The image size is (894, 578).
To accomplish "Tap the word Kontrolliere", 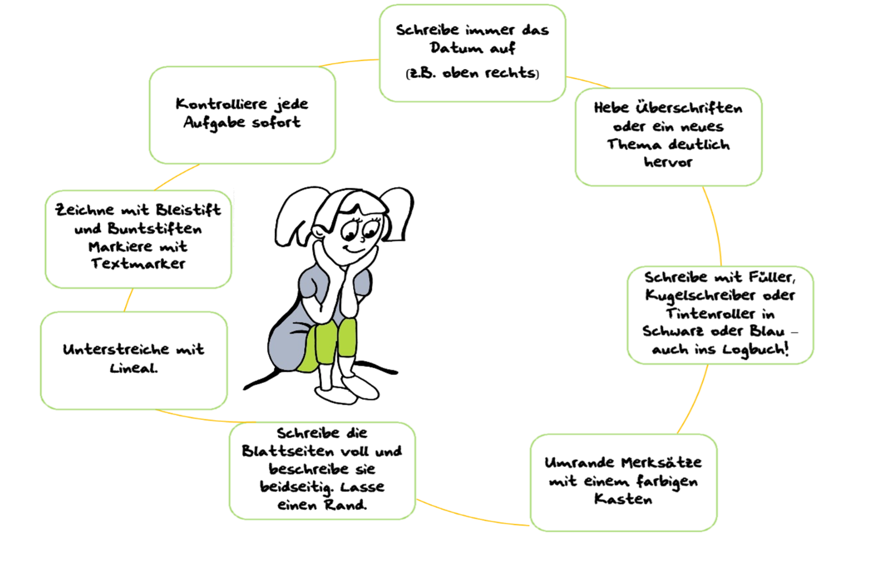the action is [x=221, y=104].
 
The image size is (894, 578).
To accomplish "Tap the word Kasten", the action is [x=623, y=498].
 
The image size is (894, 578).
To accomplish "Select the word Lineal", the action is [x=134, y=368].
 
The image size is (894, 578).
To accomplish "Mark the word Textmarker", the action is [x=138, y=263].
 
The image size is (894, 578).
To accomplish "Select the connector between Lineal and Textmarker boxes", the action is [x=128, y=300].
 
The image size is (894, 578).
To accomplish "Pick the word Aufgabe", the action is [x=214, y=123].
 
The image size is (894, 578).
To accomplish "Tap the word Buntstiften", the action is [x=155, y=229].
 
